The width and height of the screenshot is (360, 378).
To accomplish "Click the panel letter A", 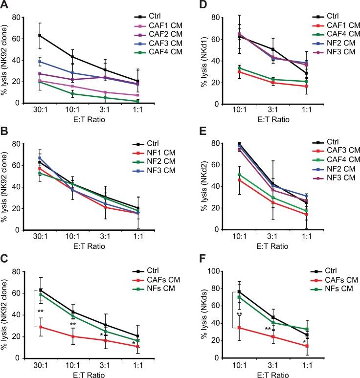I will (x=5, y=5).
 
